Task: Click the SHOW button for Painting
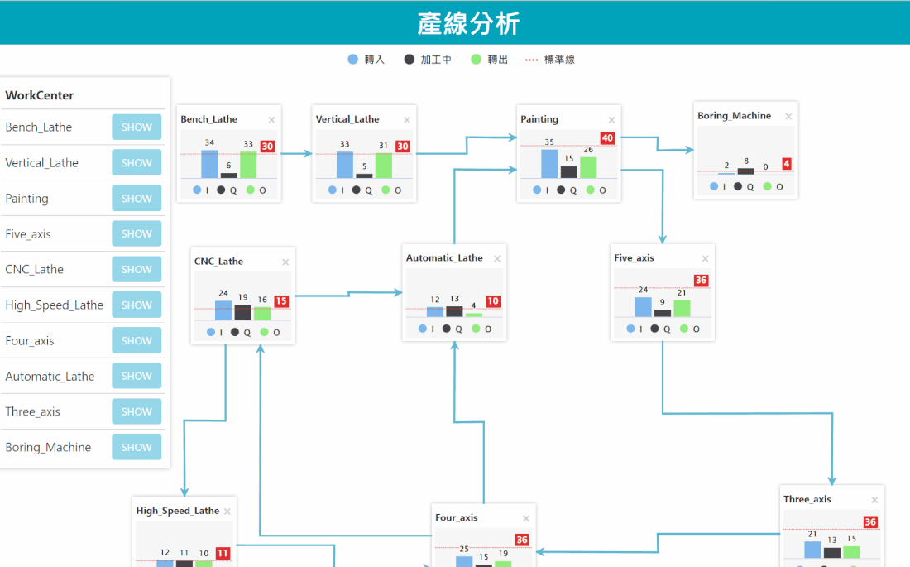tap(136, 199)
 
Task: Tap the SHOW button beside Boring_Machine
tap(136, 447)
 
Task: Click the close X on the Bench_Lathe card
tap(271, 120)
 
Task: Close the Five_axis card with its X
tap(705, 259)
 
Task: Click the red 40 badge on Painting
tap(607, 138)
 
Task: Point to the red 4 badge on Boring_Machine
tap(786, 164)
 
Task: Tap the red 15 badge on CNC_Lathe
tap(281, 301)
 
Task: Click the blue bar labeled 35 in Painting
tap(549, 163)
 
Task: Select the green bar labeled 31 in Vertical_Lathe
tap(383, 165)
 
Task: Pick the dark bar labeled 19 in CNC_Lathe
tap(242, 312)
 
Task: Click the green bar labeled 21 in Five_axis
tap(682, 308)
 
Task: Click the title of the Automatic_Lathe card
tap(444, 258)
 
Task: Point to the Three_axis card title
tap(807, 499)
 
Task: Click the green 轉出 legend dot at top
tap(476, 60)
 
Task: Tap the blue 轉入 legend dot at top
tap(353, 60)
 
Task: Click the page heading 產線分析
tap(468, 23)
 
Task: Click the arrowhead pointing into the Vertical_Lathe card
tap(308, 153)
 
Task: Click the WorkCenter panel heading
tap(40, 95)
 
